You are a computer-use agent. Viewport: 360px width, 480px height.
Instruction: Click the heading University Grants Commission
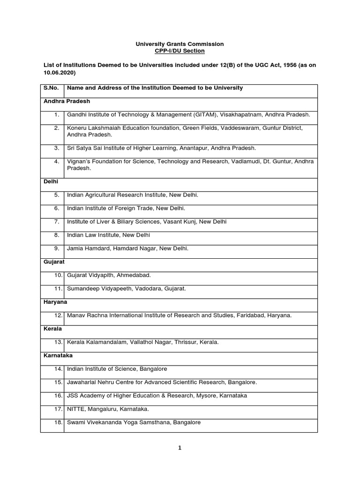pyautogui.click(x=180, y=44)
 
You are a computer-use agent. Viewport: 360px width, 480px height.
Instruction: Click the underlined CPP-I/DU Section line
pyautogui.click(x=180, y=51)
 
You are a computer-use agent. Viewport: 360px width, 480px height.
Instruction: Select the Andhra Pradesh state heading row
pyautogui.click(x=67, y=101)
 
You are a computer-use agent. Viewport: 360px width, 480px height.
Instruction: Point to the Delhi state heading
pyautogui.click(x=51, y=181)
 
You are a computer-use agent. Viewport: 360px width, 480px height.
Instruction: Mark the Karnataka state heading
pyautogui.click(x=58, y=356)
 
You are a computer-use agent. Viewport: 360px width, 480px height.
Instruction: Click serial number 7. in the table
pyautogui.click(x=57, y=221)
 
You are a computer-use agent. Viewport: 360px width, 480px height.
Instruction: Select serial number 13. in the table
pyautogui.click(x=59, y=342)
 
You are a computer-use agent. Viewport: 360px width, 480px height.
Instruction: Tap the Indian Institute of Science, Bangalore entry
pyautogui.click(x=117, y=369)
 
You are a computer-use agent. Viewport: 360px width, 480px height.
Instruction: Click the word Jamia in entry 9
pyautogui.click(x=75, y=248)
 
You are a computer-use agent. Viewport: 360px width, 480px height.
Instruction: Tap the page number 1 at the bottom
pyautogui.click(x=180, y=448)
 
